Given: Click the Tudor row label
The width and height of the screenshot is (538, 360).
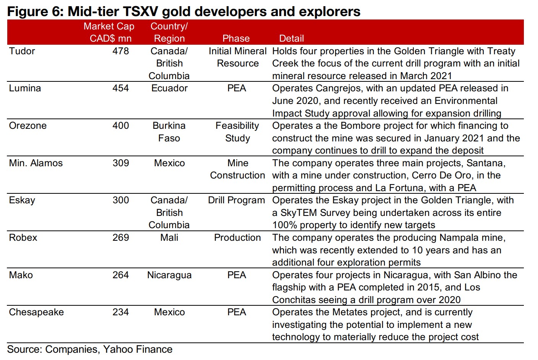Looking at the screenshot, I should point(22,51).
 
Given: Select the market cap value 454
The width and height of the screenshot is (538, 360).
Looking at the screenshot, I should point(120,88).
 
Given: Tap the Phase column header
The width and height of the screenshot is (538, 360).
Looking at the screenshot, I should point(236,39).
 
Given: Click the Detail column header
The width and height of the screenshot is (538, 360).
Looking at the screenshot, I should point(291,39).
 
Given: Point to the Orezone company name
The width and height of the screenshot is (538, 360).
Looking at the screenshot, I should point(28,126).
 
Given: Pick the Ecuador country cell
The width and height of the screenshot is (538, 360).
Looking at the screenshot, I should point(169,88).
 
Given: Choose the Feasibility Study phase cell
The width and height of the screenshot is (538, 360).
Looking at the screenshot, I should point(237,132).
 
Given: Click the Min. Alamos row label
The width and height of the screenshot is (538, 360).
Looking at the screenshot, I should point(36,163).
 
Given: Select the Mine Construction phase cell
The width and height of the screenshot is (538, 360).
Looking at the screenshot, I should point(237,169).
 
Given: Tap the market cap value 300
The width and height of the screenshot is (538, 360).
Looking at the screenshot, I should point(120,200).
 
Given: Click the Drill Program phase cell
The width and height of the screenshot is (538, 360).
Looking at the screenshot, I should point(237,200).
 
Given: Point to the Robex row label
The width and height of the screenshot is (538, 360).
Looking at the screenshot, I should point(23,238).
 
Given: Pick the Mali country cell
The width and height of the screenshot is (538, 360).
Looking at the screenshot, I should point(169,238).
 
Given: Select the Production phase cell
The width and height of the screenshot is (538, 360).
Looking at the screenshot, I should point(237,238).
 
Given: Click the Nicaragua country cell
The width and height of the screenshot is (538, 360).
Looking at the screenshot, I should point(169,275).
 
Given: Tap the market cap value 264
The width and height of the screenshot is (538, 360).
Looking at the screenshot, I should point(120,275).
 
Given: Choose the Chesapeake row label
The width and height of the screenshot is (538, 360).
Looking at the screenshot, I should point(36,312).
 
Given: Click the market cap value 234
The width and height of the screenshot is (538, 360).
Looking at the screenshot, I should point(120,312).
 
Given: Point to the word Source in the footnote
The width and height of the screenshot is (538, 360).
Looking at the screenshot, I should point(24,349).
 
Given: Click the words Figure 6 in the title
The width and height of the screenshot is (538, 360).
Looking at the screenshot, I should point(34,11).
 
